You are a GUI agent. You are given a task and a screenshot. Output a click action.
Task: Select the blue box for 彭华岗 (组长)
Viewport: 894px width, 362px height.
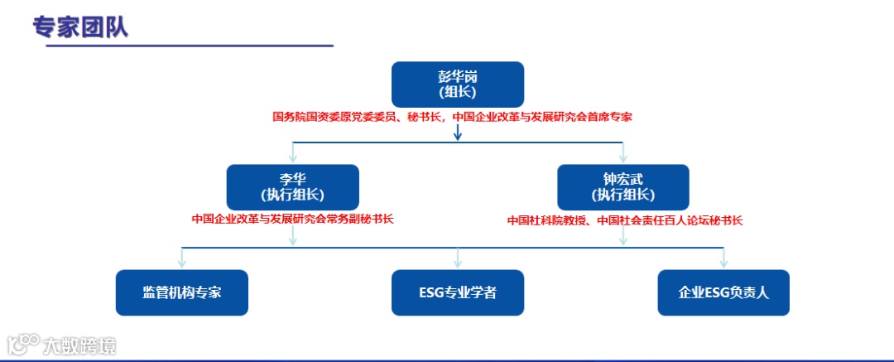tap(458, 84)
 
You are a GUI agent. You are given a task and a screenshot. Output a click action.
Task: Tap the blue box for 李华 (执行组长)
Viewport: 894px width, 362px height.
tap(292, 186)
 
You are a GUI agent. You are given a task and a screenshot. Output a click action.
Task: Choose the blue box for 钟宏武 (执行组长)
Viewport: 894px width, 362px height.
tap(622, 186)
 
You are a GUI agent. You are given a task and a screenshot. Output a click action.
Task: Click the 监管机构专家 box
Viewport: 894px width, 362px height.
tap(181, 292)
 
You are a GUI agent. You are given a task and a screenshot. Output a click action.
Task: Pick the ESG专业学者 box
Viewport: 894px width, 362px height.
tap(458, 292)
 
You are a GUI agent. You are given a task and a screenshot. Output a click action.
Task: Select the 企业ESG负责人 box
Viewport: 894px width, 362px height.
tap(723, 292)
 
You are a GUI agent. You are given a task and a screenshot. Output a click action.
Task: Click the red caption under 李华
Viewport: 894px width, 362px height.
tap(292, 220)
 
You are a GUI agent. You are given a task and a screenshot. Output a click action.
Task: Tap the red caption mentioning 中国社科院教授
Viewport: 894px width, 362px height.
tap(625, 220)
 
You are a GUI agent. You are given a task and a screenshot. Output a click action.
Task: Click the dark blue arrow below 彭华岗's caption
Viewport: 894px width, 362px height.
tap(458, 132)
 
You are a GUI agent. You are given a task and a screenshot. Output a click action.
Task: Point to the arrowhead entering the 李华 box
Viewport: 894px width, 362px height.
tap(292, 157)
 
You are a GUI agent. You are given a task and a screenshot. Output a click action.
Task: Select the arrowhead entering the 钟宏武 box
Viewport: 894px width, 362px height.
tap(622, 157)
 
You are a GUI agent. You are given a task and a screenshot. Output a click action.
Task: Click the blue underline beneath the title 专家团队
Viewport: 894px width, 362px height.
tap(182, 46)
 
